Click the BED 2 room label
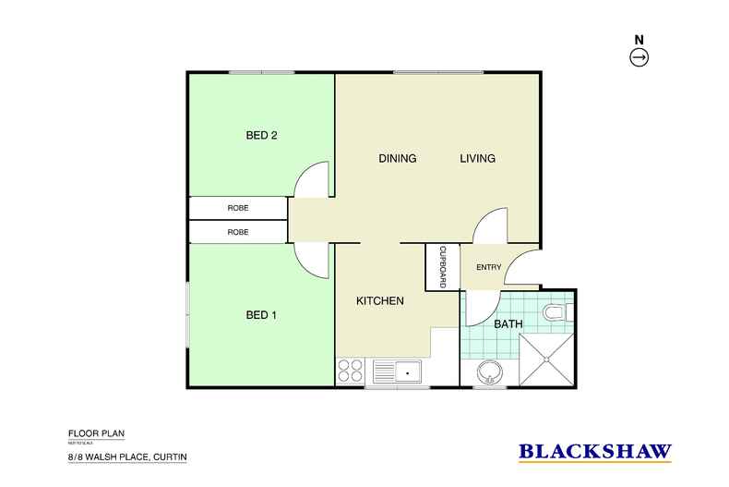(261, 135)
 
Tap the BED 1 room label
(261, 315)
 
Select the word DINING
(398, 159)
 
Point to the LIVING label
(478, 159)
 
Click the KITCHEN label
(380, 301)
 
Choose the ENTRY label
(488, 268)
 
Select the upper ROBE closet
(238, 208)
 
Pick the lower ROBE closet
(238, 232)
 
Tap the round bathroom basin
(489, 373)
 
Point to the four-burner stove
(351, 371)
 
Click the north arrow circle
(639, 58)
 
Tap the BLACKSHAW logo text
(596, 453)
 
